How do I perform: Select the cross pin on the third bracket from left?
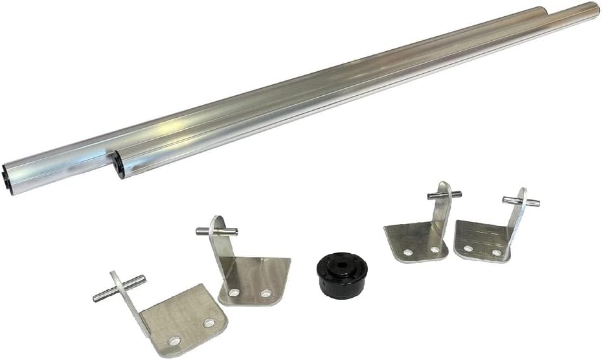pyautogui.click(x=444, y=193)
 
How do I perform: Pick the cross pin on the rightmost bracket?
pyautogui.click(x=521, y=200)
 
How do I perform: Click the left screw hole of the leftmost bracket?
pyautogui.click(x=174, y=339)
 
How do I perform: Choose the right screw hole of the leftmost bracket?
pyautogui.click(x=209, y=321)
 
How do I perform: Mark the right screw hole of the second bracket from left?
pyautogui.click(x=266, y=293)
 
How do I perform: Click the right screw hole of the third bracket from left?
pyautogui.click(x=435, y=249)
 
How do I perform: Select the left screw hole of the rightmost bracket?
pyautogui.click(x=468, y=247)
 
